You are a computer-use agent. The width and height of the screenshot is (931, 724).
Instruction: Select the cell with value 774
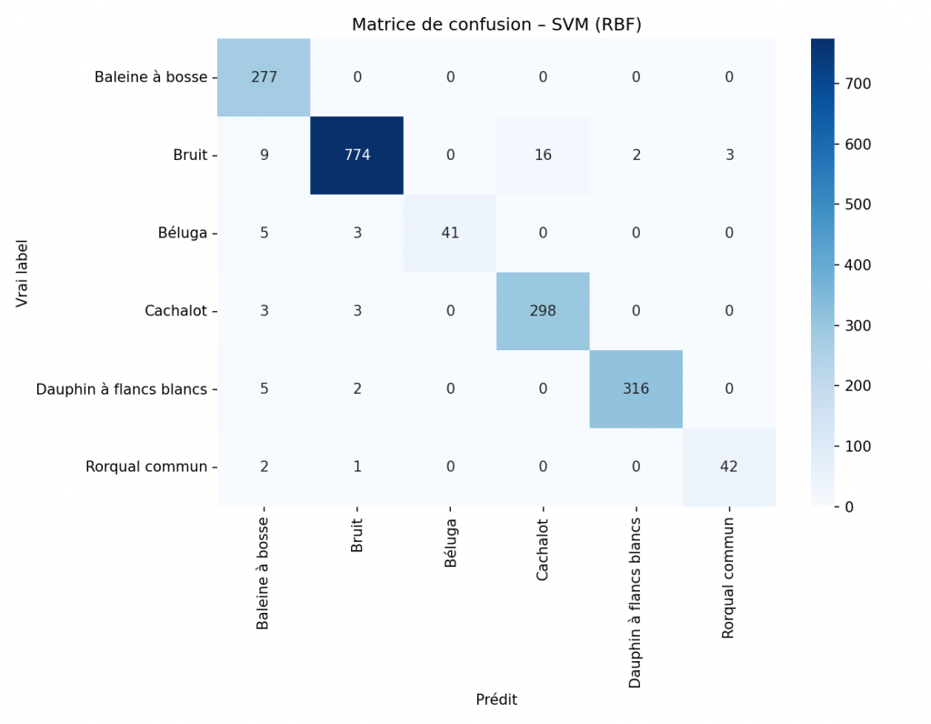(x=357, y=156)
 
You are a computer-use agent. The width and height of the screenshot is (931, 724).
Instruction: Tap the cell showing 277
(x=264, y=77)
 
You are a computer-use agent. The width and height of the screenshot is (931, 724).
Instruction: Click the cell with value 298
(x=543, y=311)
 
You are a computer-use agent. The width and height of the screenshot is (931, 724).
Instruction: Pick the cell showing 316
(x=636, y=388)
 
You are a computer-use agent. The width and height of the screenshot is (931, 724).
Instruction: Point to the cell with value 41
(x=450, y=233)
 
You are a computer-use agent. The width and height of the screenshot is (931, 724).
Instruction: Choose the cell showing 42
(x=729, y=467)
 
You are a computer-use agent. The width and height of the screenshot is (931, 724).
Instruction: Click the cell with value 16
(x=543, y=156)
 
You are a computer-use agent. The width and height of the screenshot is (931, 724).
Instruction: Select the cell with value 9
(x=264, y=156)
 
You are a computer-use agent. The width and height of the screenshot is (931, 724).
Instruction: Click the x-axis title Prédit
(x=496, y=699)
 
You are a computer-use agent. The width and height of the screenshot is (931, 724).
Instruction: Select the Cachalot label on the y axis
(x=177, y=311)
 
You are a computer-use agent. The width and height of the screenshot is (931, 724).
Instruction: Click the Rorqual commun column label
(x=728, y=578)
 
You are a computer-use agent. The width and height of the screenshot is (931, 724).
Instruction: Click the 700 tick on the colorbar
(x=856, y=84)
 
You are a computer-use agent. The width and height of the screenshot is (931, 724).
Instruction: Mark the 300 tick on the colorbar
(x=856, y=326)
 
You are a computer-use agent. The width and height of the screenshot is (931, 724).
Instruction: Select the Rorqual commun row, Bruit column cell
(x=357, y=467)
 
